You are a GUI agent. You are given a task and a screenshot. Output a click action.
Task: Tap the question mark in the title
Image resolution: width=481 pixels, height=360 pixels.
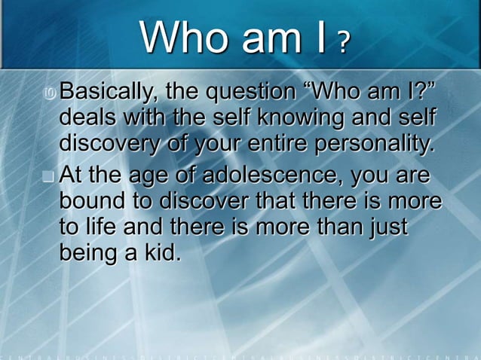coord(343,44)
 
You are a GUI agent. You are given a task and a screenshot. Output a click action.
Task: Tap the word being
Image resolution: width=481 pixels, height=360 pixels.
coord(90,250)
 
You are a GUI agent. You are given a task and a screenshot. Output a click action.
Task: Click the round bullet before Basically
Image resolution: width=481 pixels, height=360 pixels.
coord(50,96)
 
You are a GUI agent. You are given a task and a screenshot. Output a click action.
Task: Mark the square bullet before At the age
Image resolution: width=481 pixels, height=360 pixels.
coord(50,178)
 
